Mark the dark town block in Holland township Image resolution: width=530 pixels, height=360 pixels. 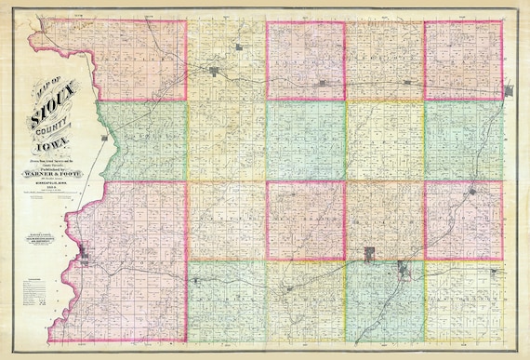pos(370,253)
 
